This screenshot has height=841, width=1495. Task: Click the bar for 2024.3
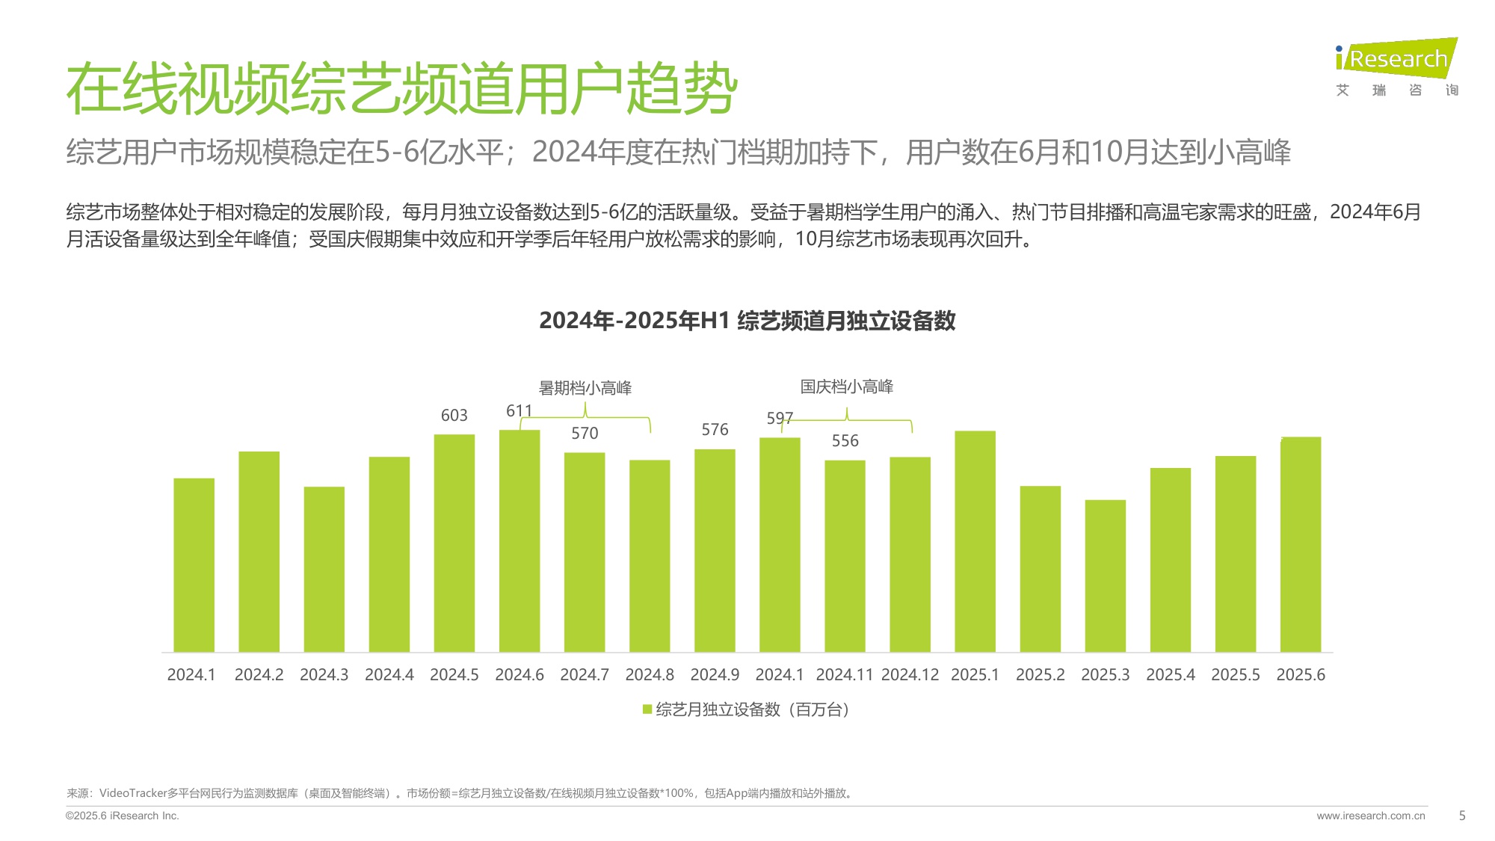point(324,569)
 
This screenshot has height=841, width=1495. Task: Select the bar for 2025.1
point(975,541)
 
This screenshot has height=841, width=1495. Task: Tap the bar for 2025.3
point(1105,576)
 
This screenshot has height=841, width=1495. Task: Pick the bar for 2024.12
point(910,554)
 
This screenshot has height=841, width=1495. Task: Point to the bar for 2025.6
point(1301,544)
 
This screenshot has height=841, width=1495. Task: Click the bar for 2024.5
point(454,543)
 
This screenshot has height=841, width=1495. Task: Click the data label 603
point(454,416)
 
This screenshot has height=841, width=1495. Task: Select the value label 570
point(585,434)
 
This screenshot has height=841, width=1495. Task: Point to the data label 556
point(845,441)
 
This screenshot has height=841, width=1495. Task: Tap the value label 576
point(715,430)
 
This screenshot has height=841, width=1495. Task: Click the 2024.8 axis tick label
point(650,675)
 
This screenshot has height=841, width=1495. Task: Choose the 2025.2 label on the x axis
point(1040,675)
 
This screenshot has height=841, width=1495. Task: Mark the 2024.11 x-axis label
point(845,675)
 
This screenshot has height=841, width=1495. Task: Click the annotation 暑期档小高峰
point(585,388)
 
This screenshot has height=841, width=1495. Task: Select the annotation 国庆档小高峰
point(847,386)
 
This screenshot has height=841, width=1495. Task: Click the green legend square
point(647,709)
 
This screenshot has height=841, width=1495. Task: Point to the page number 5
point(1462,816)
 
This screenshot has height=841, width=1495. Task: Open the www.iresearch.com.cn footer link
point(1371,816)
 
